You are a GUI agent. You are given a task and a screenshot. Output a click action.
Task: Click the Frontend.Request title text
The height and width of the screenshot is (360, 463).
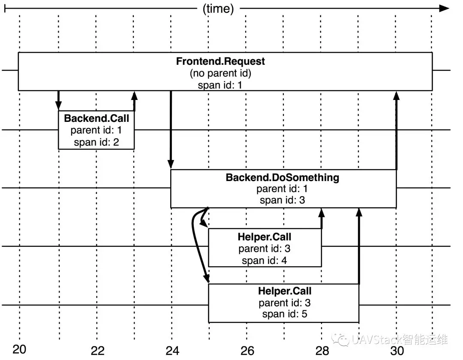[x=220, y=61]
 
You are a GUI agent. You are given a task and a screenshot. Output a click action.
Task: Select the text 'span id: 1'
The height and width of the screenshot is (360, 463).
[x=220, y=85]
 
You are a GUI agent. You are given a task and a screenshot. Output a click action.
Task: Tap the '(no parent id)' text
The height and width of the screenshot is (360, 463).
[x=220, y=73]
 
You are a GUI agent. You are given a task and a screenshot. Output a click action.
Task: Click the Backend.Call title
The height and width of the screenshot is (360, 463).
[x=96, y=118]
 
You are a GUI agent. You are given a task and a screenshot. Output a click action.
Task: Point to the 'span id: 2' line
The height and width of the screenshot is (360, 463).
[x=96, y=142]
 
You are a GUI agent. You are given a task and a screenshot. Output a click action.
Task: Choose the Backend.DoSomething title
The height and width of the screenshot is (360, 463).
[x=282, y=178]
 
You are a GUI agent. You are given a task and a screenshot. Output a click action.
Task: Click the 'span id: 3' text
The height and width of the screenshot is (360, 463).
[x=282, y=200]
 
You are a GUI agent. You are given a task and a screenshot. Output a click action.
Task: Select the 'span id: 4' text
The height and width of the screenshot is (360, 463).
[x=264, y=260]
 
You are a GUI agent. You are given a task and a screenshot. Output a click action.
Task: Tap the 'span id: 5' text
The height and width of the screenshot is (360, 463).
[x=285, y=314]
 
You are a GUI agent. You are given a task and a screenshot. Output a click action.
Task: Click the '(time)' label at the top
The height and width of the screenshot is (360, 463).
[x=218, y=9]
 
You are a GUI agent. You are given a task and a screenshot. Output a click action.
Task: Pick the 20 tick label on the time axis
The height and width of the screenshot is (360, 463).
[x=19, y=349]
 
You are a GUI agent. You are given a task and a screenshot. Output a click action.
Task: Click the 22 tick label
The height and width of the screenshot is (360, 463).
[x=97, y=351]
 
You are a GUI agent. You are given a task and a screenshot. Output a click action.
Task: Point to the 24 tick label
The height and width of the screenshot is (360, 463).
[x=172, y=351]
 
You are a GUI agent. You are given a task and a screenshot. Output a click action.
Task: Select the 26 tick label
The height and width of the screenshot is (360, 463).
[x=247, y=351]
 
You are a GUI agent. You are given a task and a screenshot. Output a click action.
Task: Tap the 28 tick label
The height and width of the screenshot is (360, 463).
[x=322, y=351]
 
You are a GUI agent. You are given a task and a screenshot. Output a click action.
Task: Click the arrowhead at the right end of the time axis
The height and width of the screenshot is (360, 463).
[x=445, y=8]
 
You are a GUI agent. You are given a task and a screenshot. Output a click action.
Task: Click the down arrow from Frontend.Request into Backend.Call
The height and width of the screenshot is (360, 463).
[x=58, y=100]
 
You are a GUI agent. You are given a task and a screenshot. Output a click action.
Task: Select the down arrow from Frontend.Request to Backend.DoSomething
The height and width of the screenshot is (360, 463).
[x=171, y=130]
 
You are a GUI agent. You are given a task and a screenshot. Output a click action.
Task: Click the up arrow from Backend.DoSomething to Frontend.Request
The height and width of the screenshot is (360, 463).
[x=396, y=130]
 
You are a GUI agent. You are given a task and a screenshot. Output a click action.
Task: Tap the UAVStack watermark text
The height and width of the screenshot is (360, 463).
[x=390, y=339]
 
